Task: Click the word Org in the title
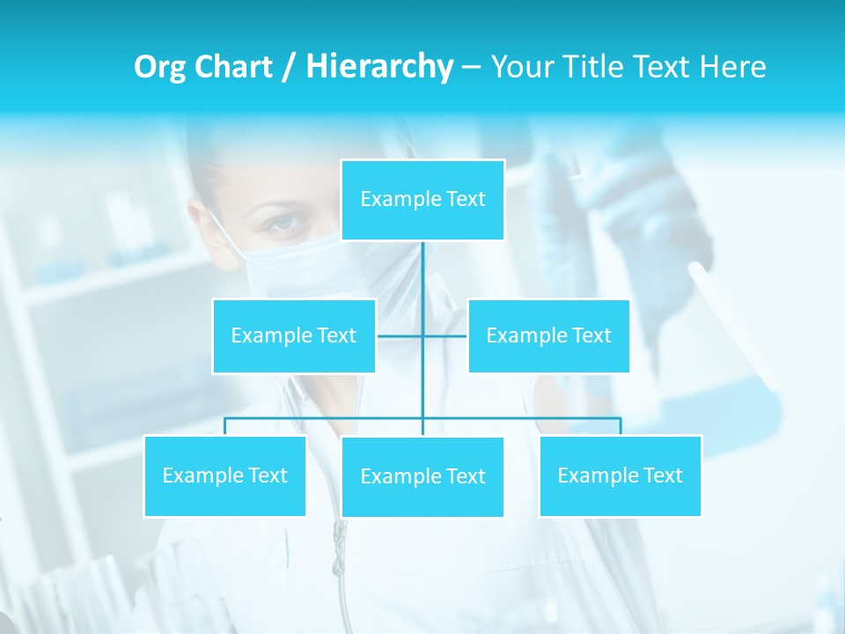click(x=159, y=68)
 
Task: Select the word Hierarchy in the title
click(x=379, y=68)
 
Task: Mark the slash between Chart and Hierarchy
click(x=290, y=68)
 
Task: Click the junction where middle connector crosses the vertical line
click(x=422, y=335)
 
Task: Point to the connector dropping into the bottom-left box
click(x=224, y=426)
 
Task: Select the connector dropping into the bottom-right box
click(x=621, y=426)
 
